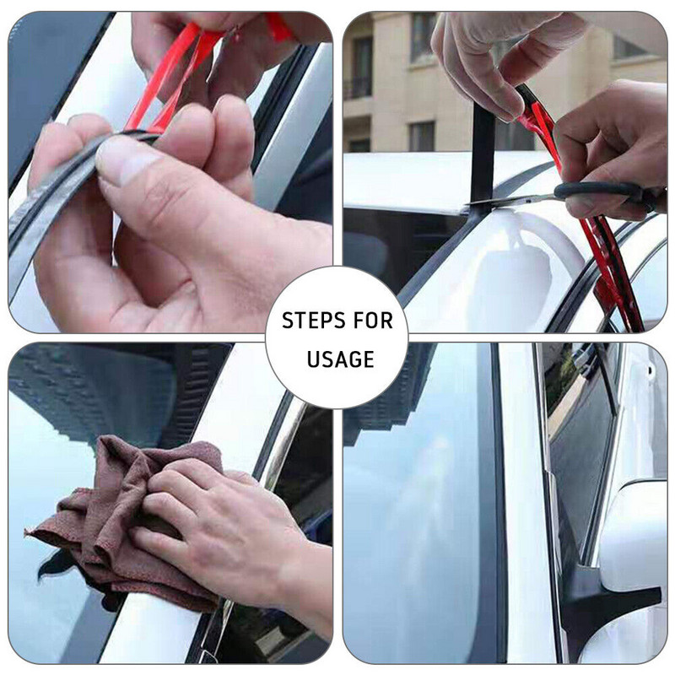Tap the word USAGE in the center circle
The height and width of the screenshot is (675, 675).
pyautogui.click(x=340, y=359)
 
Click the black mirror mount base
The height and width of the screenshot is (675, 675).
pyautogui.click(x=611, y=602)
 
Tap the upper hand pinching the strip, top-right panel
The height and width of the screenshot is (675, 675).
pyautogui.click(x=495, y=60)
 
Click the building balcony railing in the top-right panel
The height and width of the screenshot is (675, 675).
pyautogui.click(x=358, y=89)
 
